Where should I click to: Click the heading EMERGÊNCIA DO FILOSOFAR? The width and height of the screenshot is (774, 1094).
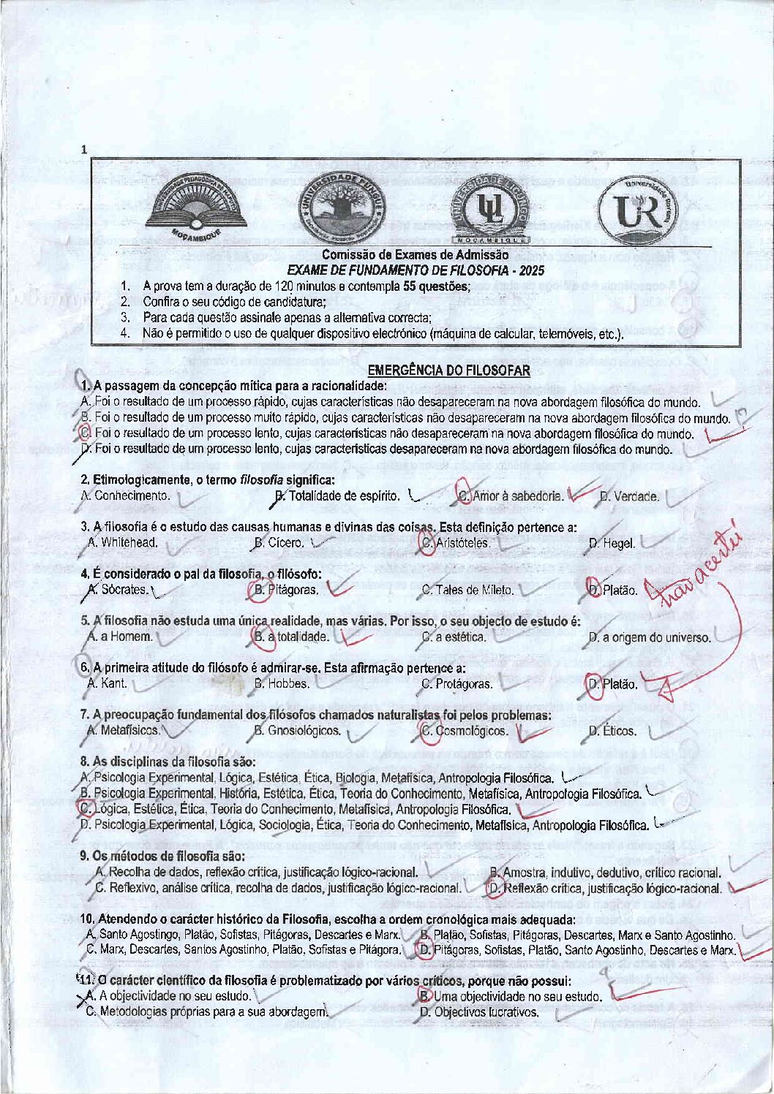click(x=448, y=371)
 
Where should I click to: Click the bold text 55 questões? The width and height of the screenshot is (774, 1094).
click(x=435, y=286)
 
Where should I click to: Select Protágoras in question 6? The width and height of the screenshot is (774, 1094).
click(x=464, y=684)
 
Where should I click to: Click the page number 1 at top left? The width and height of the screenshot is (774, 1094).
click(x=84, y=150)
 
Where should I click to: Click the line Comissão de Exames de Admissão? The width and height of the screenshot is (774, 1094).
click(x=415, y=255)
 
